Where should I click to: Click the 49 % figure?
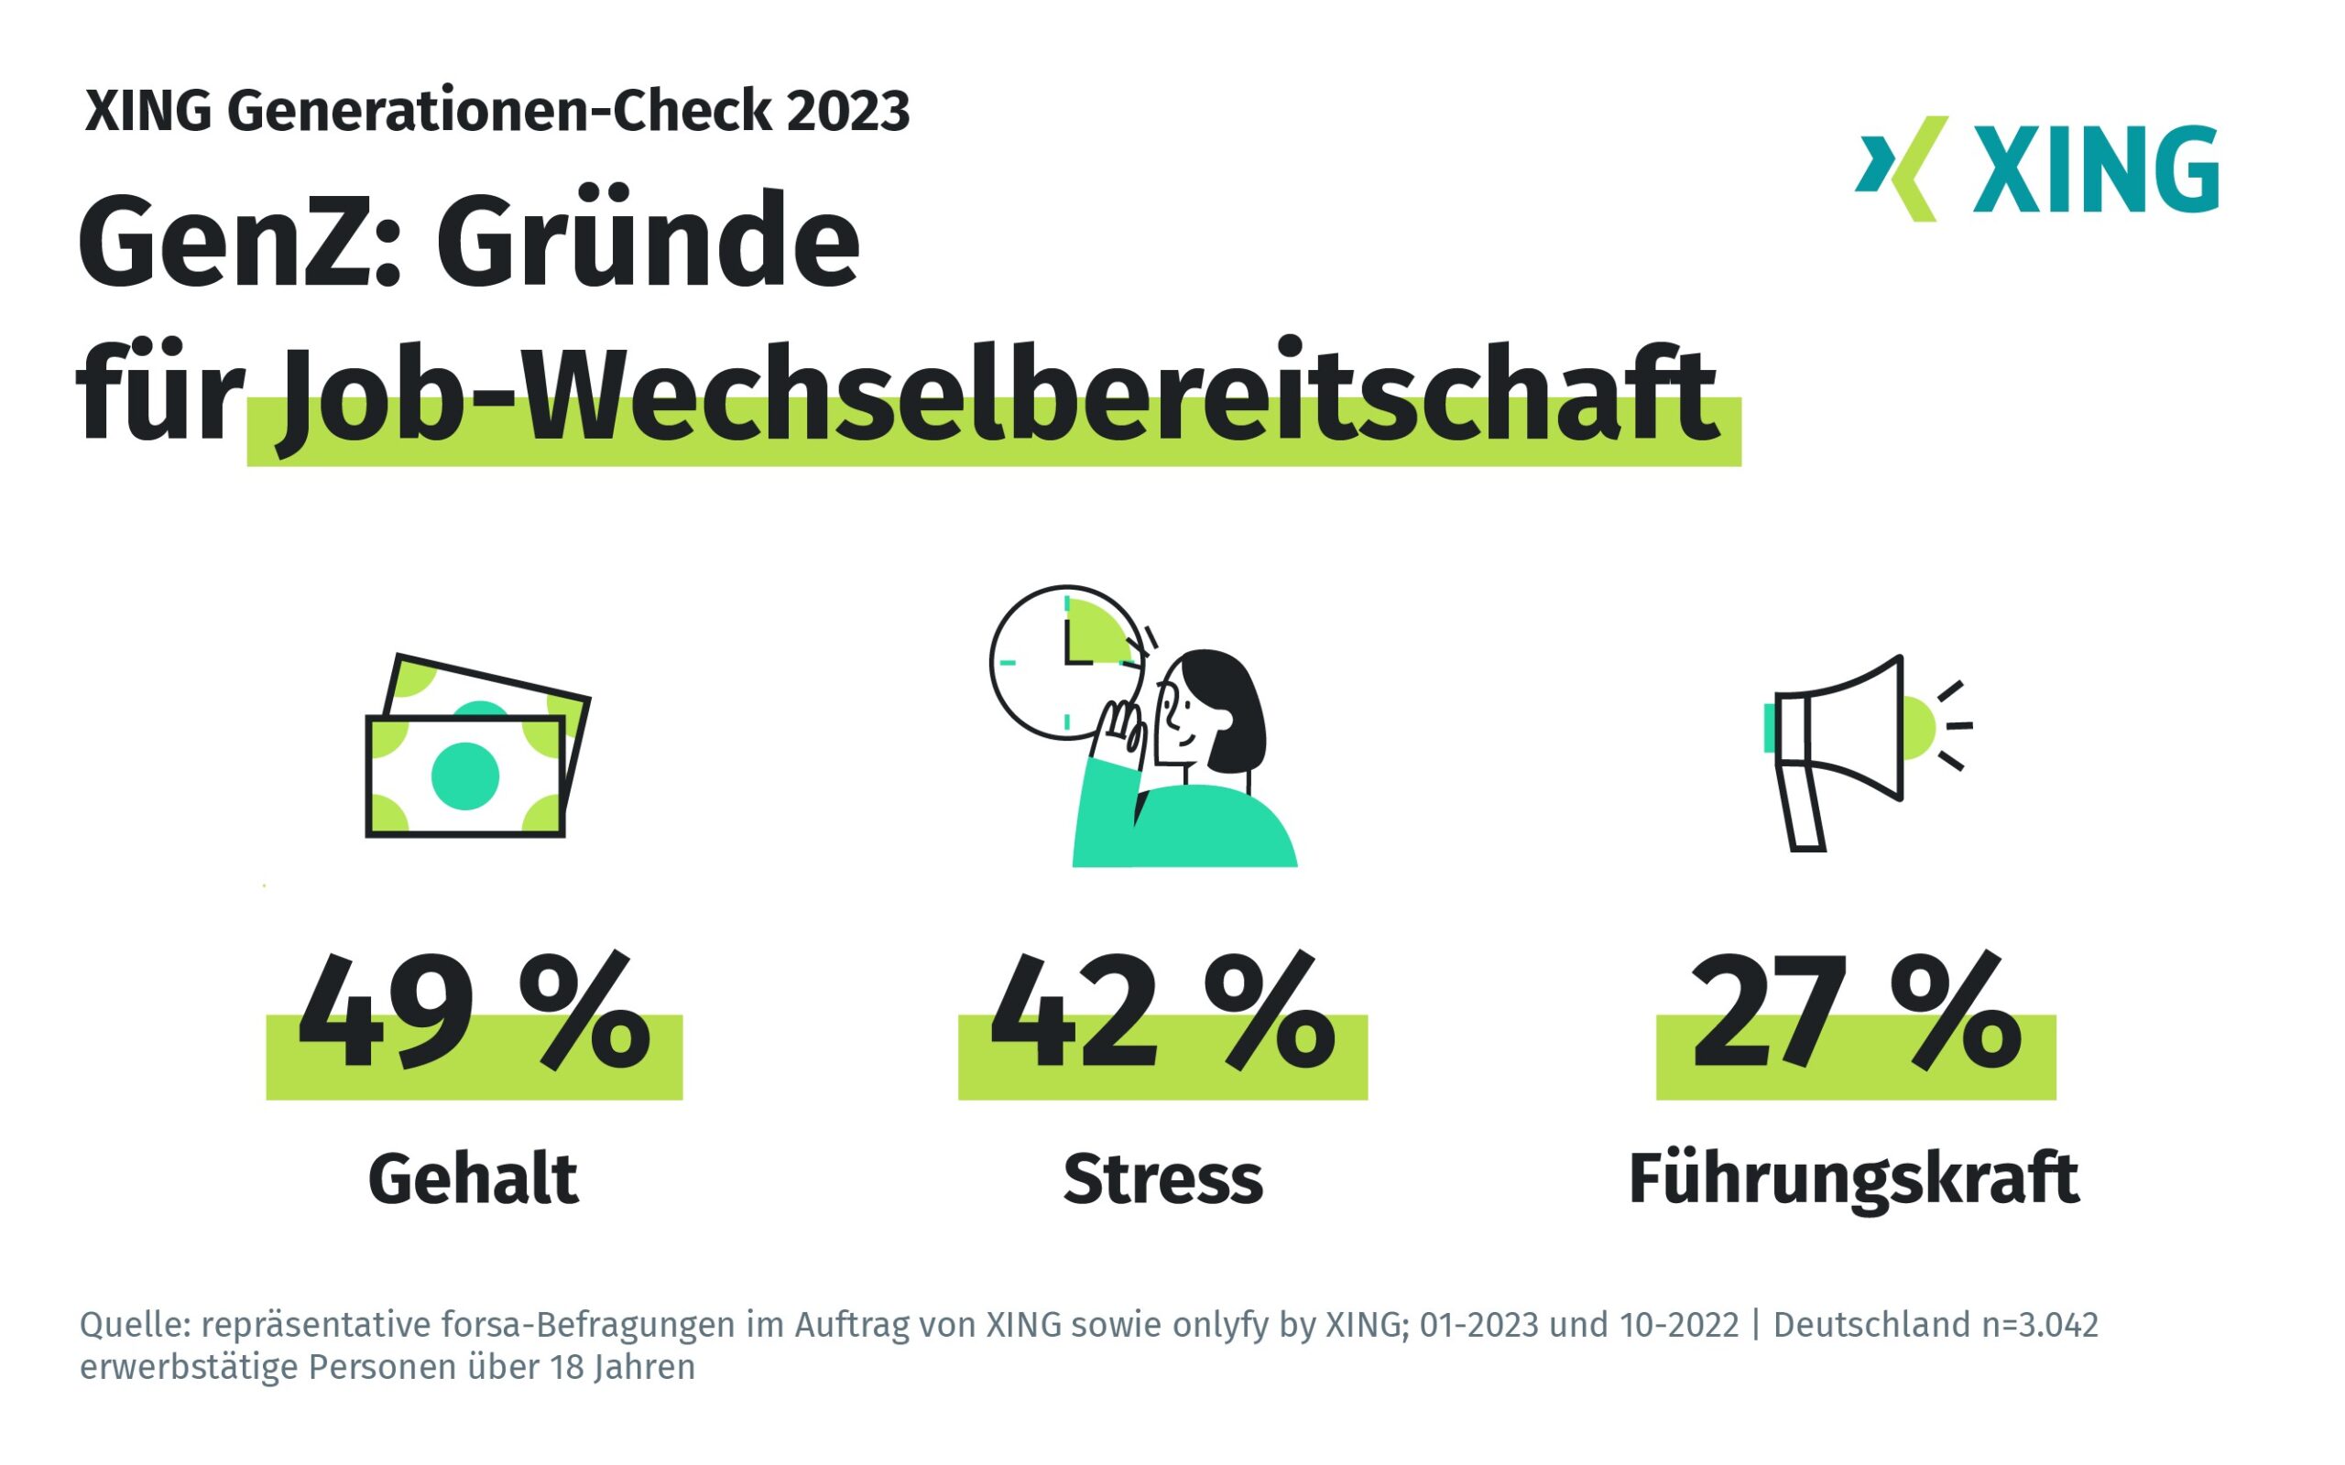pyautogui.click(x=473, y=1013)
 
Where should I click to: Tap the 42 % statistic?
pyautogui.click(x=1162, y=1013)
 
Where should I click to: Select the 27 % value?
pyautogui.click(x=1855, y=1013)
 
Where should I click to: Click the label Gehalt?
pyautogui.click(x=473, y=1179)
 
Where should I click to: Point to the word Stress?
pyautogui.click(x=1162, y=1179)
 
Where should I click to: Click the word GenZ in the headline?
pyautogui.click(x=238, y=243)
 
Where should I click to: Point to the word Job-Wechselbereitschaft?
pyautogui.click(x=998, y=397)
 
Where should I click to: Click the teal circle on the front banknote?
pyautogui.click(x=465, y=776)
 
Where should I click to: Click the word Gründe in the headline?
pyautogui.click(x=648, y=243)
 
